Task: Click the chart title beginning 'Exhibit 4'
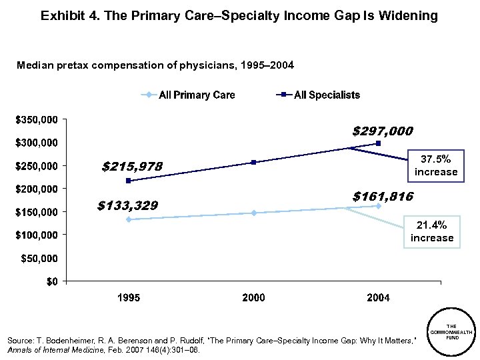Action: pyautogui.click(x=239, y=15)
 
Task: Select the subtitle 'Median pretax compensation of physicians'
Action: pyautogui.click(x=155, y=65)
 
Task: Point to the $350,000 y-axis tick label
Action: pyautogui.click(x=41, y=120)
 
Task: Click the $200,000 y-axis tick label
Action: pyautogui.click(x=41, y=189)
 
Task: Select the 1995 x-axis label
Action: pyautogui.click(x=129, y=297)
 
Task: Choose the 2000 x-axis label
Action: pyautogui.click(x=254, y=297)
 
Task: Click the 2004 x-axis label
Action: pyautogui.click(x=379, y=297)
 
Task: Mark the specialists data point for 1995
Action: pyautogui.click(x=128, y=181)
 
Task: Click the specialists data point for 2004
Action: pyautogui.click(x=379, y=143)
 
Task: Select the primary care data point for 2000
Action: pyautogui.click(x=254, y=213)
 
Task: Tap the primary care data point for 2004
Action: pyautogui.click(x=379, y=206)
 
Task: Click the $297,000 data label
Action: pyautogui.click(x=382, y=131)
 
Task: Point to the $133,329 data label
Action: pyautogui.click(x=127, y=205)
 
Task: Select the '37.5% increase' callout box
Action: pyautogui.click(x=436, y=165)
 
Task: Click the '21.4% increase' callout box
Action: pyautogui.click(x=432, y=231)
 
